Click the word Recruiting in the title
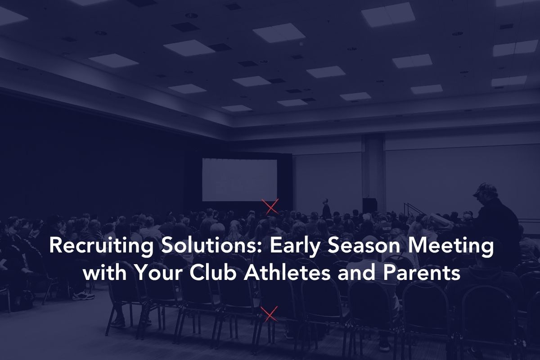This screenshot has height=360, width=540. tap(101, 246)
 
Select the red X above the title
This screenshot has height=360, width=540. tap(270, 207)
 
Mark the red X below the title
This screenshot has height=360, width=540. tap(269, 314)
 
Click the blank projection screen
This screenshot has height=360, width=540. tap(239, 180)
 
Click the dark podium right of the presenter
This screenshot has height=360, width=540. tap(370, 206)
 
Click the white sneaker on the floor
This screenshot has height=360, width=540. tap(83, 296)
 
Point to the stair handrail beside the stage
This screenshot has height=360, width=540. tap(414, 209)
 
